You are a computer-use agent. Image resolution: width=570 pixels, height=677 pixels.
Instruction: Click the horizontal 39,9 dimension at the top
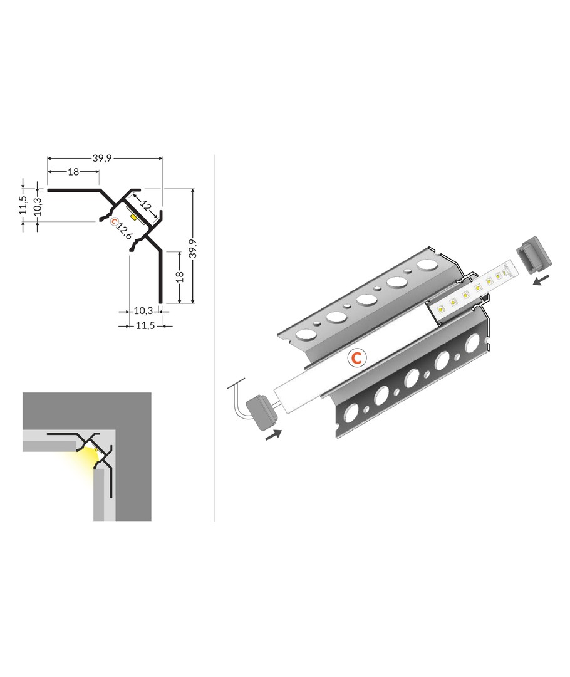click(x=102, y=159)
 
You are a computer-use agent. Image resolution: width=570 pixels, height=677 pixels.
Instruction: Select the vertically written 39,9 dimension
click(x=194, y=249)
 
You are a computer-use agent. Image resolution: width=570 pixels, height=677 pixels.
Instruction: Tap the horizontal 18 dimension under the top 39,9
click(x=73, y=172)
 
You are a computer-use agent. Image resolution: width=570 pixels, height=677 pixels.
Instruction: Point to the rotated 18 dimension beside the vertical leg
click(x=180, y=276)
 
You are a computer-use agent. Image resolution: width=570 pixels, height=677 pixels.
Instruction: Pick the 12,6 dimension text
click(x=124, y=229)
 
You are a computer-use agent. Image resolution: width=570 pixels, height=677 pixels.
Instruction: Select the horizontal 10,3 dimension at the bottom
click(x=143, y=310)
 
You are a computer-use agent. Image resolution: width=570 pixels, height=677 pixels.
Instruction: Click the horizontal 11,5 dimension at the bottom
click(x=145, y=325)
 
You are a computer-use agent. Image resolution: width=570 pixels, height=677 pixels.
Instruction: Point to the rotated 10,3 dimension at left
click(x=38, y=204)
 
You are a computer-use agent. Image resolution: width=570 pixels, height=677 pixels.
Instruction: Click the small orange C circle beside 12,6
click(x=113, y=222)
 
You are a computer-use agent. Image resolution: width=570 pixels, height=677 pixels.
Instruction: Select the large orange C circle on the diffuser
click(x=356, y=357)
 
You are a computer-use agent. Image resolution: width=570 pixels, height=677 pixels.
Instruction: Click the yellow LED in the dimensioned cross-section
click(x=134, y=216)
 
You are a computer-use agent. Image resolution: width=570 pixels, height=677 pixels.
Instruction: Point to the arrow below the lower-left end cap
click(x=273, y=434)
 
